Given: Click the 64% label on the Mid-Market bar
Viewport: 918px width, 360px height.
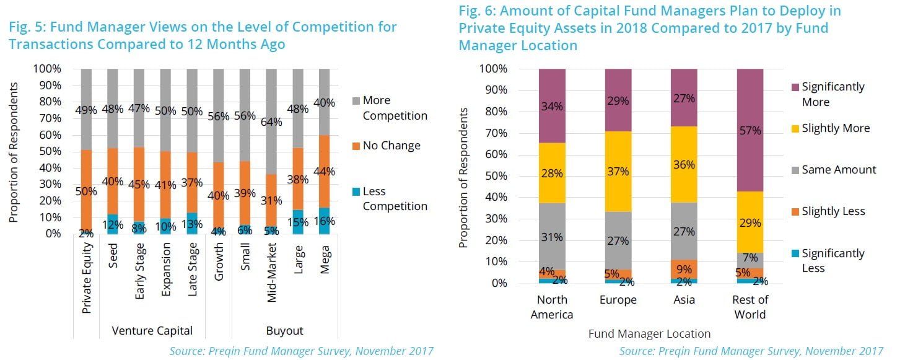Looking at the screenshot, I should coord(272,122).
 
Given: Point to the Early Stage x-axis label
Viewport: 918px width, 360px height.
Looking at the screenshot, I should coord(140,276).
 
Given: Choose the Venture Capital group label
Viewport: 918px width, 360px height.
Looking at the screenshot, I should coord(152,330).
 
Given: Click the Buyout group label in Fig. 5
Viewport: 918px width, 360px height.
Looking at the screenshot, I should coord(284,330).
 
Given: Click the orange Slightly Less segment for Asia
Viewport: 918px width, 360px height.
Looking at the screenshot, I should coord(684,268).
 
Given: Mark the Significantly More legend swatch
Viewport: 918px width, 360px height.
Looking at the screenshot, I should coord(792,87).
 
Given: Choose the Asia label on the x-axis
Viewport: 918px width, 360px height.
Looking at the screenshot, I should coord(684,300).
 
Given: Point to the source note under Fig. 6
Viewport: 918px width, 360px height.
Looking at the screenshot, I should coord(751,351).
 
